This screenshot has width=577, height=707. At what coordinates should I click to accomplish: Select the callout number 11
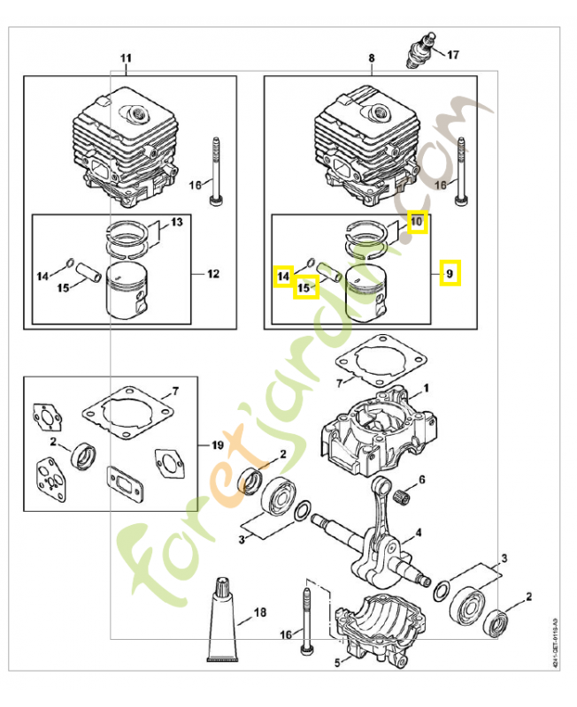click(126, 58)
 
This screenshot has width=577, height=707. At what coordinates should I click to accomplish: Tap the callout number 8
click(372, 58)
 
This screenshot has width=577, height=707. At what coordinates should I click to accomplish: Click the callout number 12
click(212, 274)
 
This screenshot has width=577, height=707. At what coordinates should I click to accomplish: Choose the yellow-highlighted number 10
click(417, 220)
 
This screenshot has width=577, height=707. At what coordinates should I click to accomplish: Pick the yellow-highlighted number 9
click(450, 274)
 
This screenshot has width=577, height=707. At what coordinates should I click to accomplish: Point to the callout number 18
click(259, 612)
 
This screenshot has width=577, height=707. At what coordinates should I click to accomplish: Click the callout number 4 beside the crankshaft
click(418, 533)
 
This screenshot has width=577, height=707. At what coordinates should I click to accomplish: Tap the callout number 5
click(336, 659)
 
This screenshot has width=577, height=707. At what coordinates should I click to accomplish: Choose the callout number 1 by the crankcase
click(425, 388)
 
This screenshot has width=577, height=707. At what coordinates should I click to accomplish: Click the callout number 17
click(453, 55)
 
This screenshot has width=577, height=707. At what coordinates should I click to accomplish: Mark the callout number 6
click(422, 479)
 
